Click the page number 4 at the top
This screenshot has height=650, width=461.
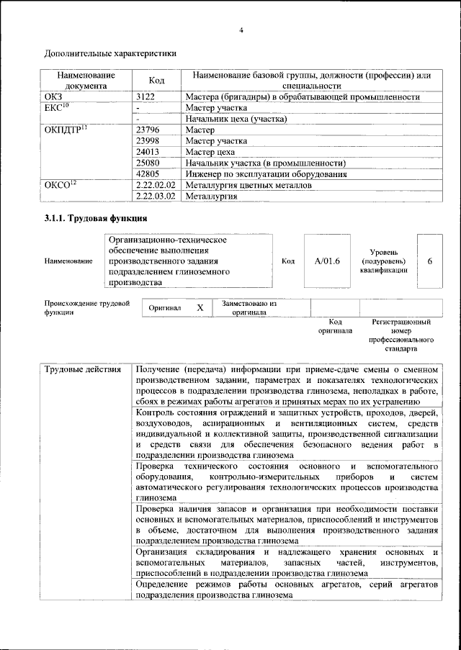242,30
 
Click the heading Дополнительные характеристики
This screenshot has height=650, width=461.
110,53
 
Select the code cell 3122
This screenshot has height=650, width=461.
146,96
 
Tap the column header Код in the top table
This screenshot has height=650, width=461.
157,80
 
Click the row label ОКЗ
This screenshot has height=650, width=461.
54,96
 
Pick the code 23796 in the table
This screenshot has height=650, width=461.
148,130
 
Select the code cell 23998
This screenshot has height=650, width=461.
148,141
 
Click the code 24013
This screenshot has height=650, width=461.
148,152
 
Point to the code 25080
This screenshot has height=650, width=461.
148,163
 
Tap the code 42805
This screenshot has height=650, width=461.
148,173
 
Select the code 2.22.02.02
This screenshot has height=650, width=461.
156,185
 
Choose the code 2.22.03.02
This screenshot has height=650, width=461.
156,196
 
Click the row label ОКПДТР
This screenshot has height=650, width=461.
66,130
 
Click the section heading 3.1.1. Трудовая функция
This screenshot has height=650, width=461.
97,218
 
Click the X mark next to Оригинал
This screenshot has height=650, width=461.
200,307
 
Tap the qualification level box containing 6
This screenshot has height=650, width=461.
430,261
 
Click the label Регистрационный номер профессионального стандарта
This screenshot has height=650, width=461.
401,335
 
